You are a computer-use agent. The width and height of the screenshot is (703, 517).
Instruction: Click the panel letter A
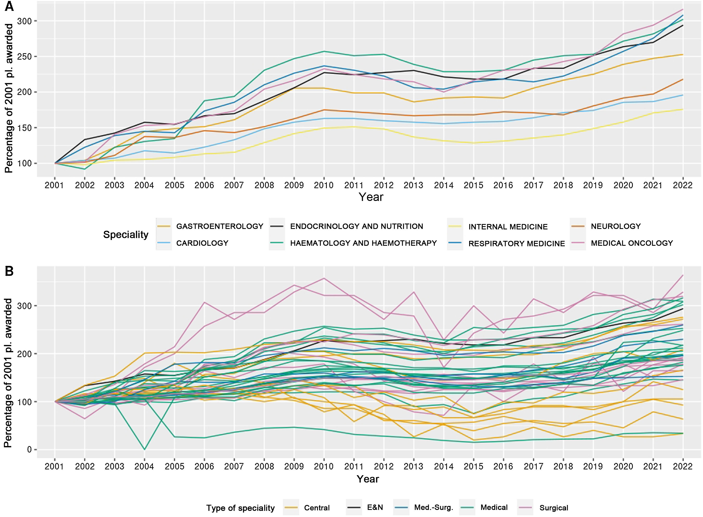click(9, 6)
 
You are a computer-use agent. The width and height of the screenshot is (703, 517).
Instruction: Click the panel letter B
click(9, 271)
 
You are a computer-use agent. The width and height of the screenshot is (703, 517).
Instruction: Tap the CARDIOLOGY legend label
click(202, 243)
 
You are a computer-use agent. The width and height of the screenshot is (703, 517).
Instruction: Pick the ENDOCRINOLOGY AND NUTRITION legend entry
click(356, 226)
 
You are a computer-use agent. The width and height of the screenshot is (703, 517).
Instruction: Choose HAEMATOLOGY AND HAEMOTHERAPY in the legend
click(363, 243)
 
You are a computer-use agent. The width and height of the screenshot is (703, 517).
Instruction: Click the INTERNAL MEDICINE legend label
click(508, 227)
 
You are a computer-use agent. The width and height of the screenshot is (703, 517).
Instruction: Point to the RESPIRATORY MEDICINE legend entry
click(516, 243)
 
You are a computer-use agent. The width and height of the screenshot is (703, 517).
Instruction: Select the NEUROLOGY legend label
click(616, 226)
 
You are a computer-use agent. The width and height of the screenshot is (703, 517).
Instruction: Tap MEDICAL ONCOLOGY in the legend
click(632, 243)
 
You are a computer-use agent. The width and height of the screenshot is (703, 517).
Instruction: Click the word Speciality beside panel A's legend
click(126, 235)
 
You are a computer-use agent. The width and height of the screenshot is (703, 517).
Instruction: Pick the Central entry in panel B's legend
click(317, 508)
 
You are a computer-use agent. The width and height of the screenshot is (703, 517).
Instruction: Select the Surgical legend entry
click(554, 508)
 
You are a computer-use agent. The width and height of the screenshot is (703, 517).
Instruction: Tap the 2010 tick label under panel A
click(324, 185)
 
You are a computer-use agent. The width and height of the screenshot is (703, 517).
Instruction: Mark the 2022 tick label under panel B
click(682, 467)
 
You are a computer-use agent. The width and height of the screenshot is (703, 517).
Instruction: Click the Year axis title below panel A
click(371, 197)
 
